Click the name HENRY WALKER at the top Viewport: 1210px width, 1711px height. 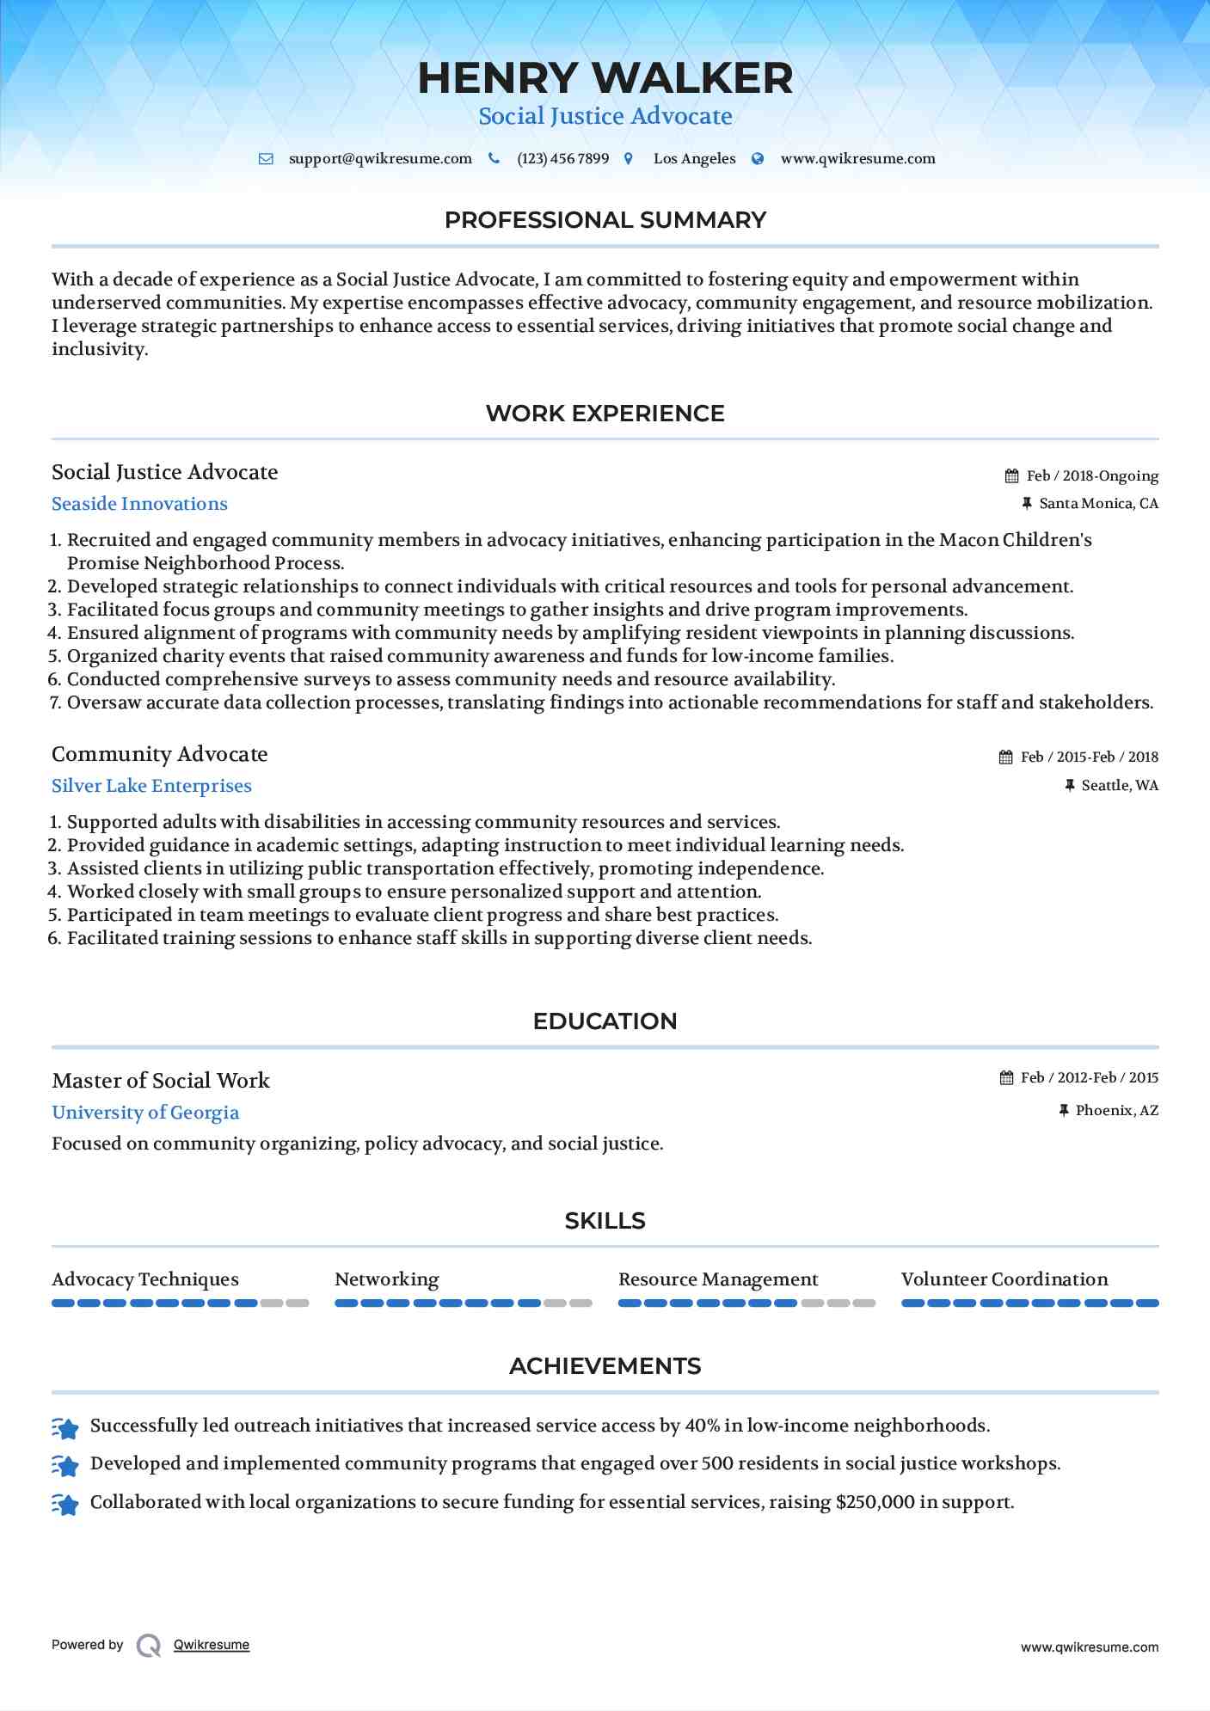click(605, 78)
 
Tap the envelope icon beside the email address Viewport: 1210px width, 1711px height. click(267, 159)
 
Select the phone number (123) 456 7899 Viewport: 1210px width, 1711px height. click(562, 159)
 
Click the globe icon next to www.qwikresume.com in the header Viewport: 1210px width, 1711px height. click(758, 159)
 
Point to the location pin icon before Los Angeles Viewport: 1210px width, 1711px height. click(629, 159)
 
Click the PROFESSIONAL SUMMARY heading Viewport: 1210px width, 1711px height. click(605, 220)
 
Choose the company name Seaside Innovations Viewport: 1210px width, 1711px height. click(139, 504)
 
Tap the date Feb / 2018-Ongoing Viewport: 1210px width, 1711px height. click(1092, 476)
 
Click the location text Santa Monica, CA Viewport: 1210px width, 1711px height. click(1098, 504)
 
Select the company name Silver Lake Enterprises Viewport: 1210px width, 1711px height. click(151, 786)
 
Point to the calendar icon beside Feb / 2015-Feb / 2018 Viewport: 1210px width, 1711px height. click(1006, 757)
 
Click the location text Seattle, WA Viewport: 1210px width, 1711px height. click(1120, 786)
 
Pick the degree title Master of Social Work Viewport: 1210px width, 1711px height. click(161, 1081)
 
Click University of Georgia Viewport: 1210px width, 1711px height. click(145, 1113)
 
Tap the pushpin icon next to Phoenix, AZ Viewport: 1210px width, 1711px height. click(1064, 1111)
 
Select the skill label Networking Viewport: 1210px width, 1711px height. click(386, 1279)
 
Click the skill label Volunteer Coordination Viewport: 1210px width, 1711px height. click(1004, 1279)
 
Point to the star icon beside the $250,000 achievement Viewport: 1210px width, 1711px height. click(65, 1505)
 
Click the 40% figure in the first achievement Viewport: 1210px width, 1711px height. click(702, 1426)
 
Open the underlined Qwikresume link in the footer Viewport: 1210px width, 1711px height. click(212, 1645)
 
